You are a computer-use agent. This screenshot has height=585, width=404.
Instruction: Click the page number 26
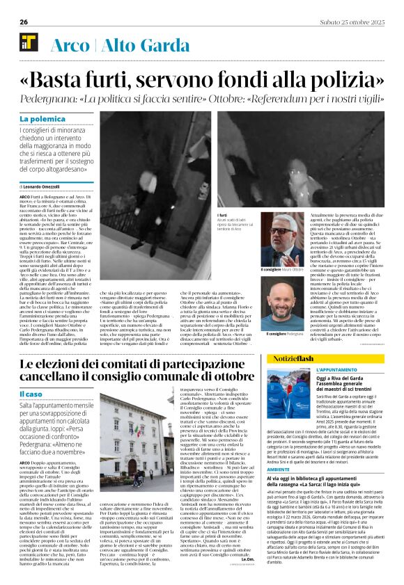click(24, 22)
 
